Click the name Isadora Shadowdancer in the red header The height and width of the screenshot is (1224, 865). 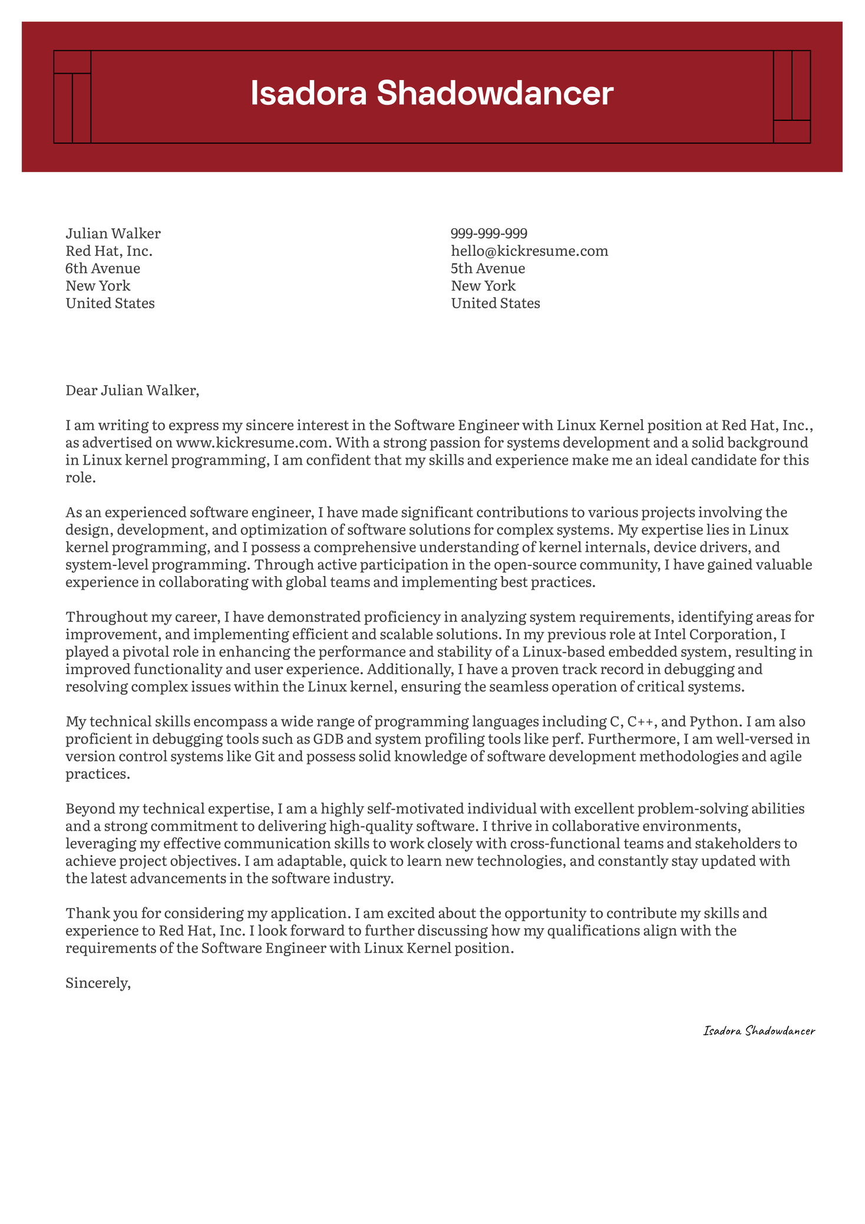432,94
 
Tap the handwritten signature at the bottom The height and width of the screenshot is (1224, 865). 759,1031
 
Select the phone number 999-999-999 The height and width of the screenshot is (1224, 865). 489,233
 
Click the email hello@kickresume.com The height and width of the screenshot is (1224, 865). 529,251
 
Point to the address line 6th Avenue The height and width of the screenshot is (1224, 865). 103,269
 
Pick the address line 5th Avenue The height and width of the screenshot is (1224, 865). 488,269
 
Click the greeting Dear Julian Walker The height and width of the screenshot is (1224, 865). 133,390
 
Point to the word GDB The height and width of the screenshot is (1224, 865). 329,739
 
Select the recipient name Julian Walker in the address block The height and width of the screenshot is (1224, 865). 113,233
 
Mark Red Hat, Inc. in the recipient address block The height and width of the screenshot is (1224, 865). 109,251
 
